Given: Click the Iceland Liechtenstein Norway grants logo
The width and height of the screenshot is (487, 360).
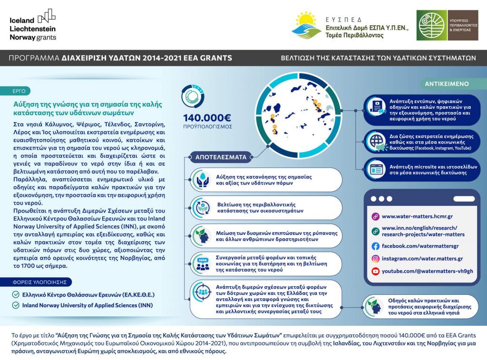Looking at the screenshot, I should (32, 25).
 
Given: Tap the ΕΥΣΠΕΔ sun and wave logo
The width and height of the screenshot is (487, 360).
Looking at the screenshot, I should (306, 25).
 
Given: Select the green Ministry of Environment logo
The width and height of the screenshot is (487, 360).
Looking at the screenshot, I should (432, 25).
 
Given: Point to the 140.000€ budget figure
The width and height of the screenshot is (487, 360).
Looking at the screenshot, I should (207, 117).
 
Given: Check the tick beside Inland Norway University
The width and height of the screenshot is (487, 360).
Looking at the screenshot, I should (16, 305).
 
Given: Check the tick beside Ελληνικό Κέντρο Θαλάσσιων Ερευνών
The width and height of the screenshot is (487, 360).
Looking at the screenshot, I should (16, 295).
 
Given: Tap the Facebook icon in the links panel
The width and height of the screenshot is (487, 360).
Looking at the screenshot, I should (375, 246).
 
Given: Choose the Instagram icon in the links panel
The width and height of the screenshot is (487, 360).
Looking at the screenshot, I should (375, 259).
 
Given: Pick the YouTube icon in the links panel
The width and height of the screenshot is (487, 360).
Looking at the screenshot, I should (375, 271).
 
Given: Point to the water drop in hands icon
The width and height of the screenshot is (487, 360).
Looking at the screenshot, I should (202, 179).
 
